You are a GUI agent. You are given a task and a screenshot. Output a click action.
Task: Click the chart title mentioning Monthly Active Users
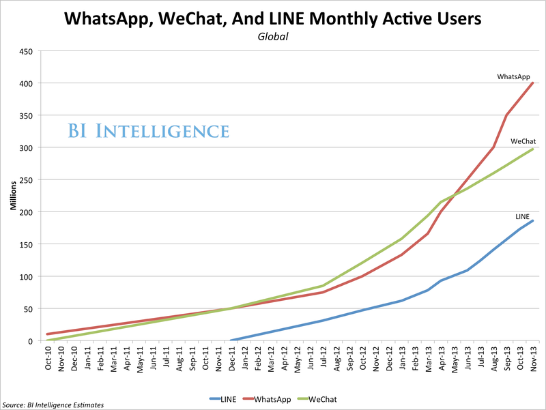[273, 19]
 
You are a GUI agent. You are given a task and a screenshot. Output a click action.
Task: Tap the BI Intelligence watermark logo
[148, 130]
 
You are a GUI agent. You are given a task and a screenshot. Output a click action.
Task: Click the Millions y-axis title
[13, 196]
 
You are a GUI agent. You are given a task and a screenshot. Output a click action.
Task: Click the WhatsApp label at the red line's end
[513, 77]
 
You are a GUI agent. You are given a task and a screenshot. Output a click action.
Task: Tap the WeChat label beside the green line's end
[523, 141]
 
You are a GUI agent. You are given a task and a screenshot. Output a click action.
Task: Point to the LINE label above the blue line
[522, 216]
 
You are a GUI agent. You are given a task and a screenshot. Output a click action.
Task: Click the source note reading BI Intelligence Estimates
[53, 405]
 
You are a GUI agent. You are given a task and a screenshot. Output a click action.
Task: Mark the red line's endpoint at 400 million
[532, 83]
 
